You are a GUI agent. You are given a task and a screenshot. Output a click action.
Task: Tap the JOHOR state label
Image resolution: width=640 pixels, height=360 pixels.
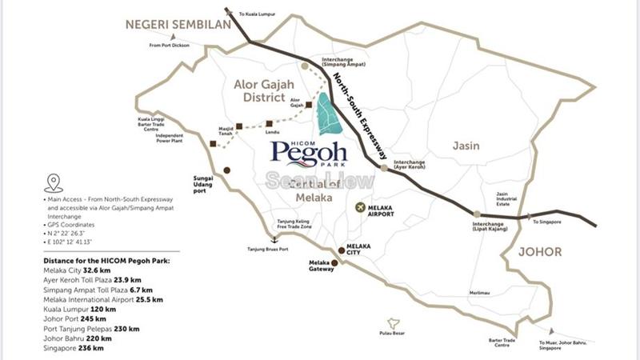click(540, 251)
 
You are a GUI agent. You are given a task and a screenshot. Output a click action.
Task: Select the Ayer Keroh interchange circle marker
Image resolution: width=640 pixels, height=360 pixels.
click(384, 168)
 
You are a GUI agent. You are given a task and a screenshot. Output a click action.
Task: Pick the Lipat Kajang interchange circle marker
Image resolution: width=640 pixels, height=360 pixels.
click(478, 213)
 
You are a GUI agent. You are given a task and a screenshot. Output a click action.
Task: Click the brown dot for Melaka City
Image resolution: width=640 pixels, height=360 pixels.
click(342, 250)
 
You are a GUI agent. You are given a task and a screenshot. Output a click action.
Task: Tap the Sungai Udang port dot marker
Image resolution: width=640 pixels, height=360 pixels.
click(226, 170)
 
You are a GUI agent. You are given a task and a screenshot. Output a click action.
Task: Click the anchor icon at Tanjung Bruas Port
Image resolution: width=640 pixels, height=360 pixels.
click(274, 239)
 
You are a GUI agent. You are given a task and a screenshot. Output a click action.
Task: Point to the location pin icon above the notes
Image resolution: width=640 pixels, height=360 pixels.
click(54, 182)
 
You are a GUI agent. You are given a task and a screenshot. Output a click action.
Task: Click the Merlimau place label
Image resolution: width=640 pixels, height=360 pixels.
click(482, 293)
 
